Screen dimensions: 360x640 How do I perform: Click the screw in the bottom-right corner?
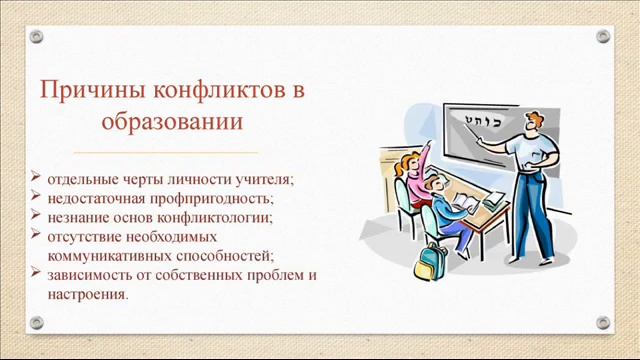(x=602, y=323)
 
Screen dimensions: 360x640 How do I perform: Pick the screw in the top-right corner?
(x=602, y=36)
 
